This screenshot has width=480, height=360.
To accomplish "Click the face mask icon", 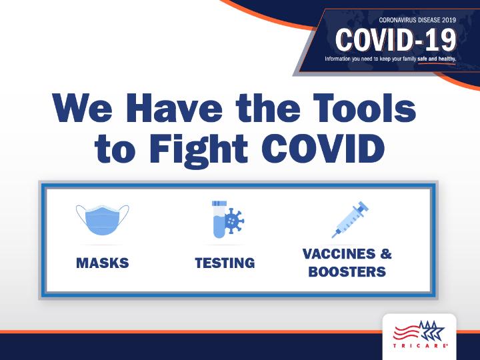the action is coord(103,220).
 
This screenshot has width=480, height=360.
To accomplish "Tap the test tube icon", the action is coord(219,219).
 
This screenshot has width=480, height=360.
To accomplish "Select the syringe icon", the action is coord(350,219).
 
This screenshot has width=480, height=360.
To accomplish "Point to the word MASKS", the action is coord(103,263).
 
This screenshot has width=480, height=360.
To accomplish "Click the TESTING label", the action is coord(225,263).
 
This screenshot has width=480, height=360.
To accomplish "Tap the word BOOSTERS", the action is coord(347,272).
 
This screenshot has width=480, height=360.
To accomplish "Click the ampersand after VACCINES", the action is coord(386,254).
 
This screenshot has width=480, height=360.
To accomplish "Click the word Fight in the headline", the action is coord(199,150).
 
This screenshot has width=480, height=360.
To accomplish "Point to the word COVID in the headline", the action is coord(323,149).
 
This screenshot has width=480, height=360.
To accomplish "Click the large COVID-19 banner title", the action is coord(395,40).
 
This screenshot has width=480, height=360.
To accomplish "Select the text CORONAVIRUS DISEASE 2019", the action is coord(417,20).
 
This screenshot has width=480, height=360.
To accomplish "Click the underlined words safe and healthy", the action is coord(437,59).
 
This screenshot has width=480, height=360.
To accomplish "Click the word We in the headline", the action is coord(83,108).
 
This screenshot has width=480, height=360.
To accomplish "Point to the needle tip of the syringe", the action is coord(333,237).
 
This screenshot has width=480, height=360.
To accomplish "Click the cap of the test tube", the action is coord(219,203).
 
